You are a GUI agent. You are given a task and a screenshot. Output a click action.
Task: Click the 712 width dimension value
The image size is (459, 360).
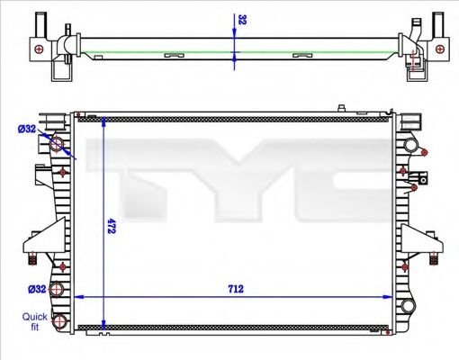[x=237, y=290]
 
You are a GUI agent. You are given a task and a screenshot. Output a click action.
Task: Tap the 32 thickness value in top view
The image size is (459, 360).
[x=242, y=19]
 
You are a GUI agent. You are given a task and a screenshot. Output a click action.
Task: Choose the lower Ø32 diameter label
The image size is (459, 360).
[x=37, y=289]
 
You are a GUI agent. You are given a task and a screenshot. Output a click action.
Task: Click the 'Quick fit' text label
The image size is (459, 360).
[x=35, y=321]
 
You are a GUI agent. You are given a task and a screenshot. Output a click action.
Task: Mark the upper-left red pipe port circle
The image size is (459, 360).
[x=59, y=146]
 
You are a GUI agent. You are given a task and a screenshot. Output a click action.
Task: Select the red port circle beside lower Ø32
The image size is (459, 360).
[x=59, y=289]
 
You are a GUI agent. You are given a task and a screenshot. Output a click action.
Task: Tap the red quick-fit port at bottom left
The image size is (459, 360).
[x=59, y=321]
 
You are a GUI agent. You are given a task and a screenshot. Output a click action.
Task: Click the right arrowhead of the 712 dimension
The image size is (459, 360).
[x=388, y=297]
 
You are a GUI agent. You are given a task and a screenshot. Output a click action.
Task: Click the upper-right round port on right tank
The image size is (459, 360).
[x=411, y=146]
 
